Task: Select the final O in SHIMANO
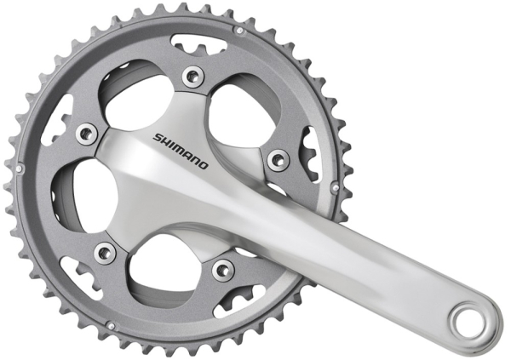click(202, 163)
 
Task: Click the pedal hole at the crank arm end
click(472, 322)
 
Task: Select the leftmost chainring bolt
click(85, 133)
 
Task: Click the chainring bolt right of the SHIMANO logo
click(278, 159)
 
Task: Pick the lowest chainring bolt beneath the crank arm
click(223, 270)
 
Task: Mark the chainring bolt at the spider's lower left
click(106, 252)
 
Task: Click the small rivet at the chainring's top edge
click(239, 31)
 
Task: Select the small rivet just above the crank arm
click(335, 186)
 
